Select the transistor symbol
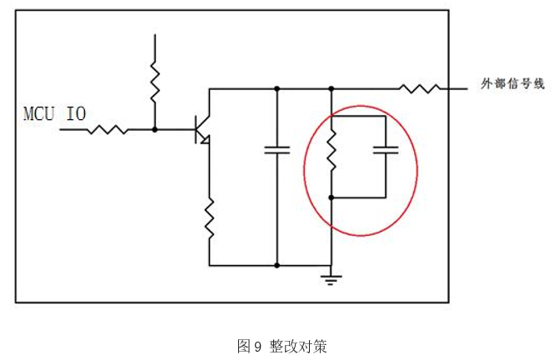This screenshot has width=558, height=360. tap(203, 130)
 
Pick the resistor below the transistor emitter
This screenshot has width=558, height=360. tap(209, 217)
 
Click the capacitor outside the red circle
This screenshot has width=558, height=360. tap(277, 151)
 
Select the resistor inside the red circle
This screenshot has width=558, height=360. tap(331, 149)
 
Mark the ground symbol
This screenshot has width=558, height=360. tap(331, 277)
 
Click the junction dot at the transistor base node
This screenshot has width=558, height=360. tap(154, 129)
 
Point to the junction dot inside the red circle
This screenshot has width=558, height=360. tap(331, 197)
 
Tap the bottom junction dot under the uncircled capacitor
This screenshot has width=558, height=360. tap(277, 265)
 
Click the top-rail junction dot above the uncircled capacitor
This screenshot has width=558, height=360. tap(277, 87)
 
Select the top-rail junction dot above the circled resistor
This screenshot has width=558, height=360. tap(331, 87)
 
